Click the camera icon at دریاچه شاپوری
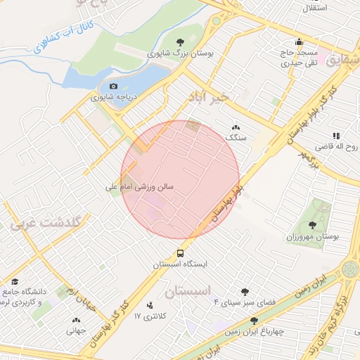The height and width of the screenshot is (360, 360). pyautogui.click(x=112, y=86)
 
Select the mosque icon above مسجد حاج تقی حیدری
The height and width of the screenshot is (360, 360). pyautogui.click(x=300, y=41)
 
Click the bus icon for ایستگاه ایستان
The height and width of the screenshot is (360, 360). pyautogui.click(x=181, y=253)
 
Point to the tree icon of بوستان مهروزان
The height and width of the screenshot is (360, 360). pyautogui.click(x=312, y=225)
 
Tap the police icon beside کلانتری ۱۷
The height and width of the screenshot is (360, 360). pyautogui.click(x=150, y=305)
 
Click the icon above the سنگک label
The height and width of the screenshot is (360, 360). pyautogui.click(x=235, y=127)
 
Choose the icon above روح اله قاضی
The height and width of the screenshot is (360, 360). pyautogui.click(x=336, y=136)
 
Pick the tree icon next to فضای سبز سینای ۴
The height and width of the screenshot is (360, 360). pyautogui.click(x=245, y=291)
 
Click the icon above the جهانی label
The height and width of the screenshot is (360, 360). pyautogui.click(x=77, y=319)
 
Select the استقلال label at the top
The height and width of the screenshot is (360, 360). pyautogui.click(x=314, y=8)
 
